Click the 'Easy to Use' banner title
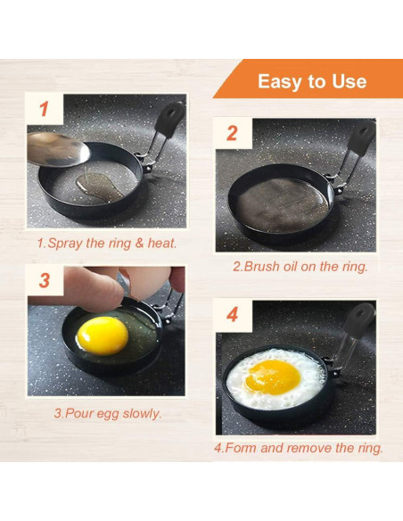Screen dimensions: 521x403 click(311, 81)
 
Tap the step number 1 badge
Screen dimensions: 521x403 click(45, 111)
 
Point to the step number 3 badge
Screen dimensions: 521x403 click(45, 280)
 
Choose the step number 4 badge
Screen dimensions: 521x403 click(233, 315)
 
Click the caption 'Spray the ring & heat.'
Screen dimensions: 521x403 click(106, 242)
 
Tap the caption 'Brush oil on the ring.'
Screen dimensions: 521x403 click(300, 266)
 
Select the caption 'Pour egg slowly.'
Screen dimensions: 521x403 click(107, 413)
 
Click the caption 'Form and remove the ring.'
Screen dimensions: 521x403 click(299, 448)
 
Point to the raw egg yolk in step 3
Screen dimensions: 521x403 click(103, 335)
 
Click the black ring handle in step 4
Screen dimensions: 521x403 click(358, 319)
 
